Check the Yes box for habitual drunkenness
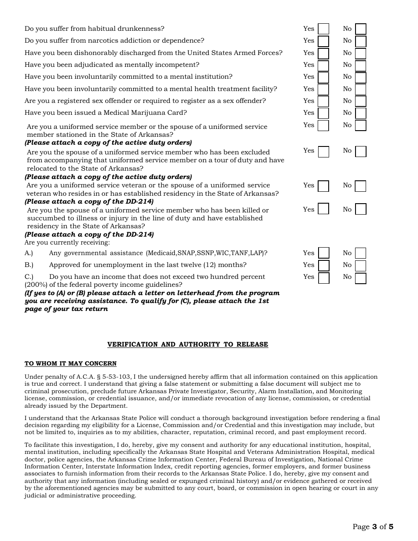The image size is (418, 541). click(323, 29)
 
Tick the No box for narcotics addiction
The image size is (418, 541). click(361, 41)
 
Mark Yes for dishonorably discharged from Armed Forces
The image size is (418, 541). click(323, 53)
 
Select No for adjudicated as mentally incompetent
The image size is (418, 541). click(361, 66)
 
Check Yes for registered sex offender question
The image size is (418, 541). click(323, 101)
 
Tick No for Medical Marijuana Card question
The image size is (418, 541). click(361, 113)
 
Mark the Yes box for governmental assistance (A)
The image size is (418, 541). click(323, 253)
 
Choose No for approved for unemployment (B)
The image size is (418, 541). click(361, 266)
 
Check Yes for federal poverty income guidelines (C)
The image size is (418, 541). click(323, 278)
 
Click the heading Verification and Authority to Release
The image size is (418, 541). click(187, 344)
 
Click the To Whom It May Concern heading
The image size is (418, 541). click(70, 363)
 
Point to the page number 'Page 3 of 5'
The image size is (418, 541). click(373, 526)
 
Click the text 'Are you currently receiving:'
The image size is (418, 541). click(67, 242)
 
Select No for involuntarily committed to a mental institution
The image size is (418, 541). click(361, 77)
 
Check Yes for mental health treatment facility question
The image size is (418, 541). click(323, 89)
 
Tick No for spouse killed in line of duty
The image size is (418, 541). click(361, 209)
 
